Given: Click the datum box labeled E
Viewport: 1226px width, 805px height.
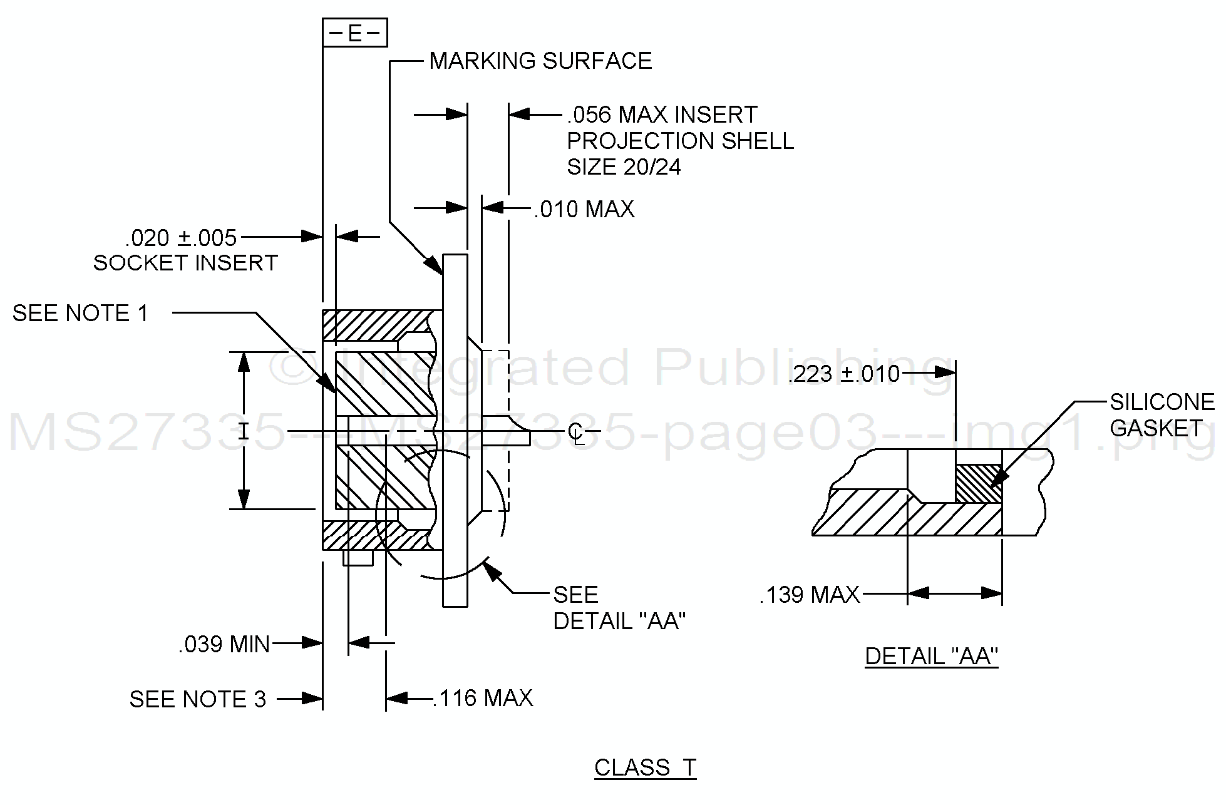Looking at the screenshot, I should point(354,33).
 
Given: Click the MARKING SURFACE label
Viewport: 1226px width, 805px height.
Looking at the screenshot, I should point(540,61).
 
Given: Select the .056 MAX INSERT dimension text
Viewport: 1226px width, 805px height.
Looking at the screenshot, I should point(662,115).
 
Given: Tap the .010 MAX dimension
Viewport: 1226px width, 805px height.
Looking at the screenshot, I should point(584,209).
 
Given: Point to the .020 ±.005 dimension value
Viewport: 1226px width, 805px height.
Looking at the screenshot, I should point(181,238).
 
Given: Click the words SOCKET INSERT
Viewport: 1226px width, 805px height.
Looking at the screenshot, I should point(185,263).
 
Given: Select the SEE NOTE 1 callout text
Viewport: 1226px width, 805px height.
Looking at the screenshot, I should point(80,313).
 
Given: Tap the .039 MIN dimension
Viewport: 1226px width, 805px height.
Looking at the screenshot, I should point(224,644).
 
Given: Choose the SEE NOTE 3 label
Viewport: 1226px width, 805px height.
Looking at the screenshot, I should point(197,699).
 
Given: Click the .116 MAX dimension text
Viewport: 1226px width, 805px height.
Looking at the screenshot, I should point(483,698).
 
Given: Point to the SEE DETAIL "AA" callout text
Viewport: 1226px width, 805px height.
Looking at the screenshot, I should point(619,608).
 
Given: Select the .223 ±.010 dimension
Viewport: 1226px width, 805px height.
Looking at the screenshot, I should point(843,374).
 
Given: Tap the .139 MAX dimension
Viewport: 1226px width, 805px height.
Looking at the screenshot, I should point(810,595).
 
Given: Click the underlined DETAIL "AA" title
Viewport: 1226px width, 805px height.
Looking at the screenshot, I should point(931,656).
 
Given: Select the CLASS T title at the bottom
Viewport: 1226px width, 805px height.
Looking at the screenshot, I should point(645,767).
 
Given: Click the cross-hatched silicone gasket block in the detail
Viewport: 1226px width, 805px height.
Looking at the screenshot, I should point(978,483).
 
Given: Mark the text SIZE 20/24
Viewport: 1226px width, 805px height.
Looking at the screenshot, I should point(624,167).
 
